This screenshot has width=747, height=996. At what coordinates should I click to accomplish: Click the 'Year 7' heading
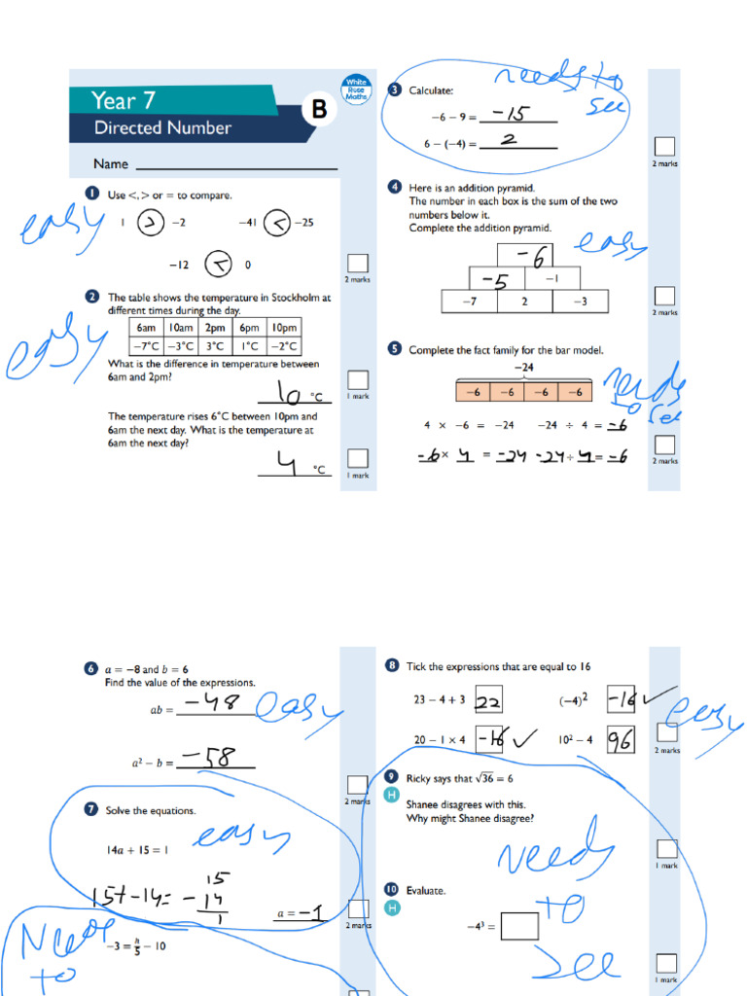click(123, 100)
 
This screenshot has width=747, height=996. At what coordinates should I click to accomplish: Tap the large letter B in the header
click(318, 112)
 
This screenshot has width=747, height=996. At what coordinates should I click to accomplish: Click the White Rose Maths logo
click(355, 90)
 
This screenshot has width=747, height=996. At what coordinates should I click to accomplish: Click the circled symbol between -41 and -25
click(277, 223)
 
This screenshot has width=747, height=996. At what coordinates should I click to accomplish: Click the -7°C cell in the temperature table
click(147, 346)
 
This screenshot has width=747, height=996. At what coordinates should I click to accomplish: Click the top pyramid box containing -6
click(525, 255)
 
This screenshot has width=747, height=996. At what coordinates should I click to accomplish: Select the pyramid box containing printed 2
click(524, 302)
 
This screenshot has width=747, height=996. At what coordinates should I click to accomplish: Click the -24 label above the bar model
click(525, 370)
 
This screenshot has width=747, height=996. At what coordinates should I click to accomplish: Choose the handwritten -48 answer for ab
click(216, 703)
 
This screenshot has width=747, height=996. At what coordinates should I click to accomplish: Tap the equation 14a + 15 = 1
click(137, 850)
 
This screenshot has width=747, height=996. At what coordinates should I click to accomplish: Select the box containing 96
click(620, 740)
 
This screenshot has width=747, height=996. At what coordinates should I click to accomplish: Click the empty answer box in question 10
click(519, 926)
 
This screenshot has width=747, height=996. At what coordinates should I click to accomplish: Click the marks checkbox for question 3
click(664, 146)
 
